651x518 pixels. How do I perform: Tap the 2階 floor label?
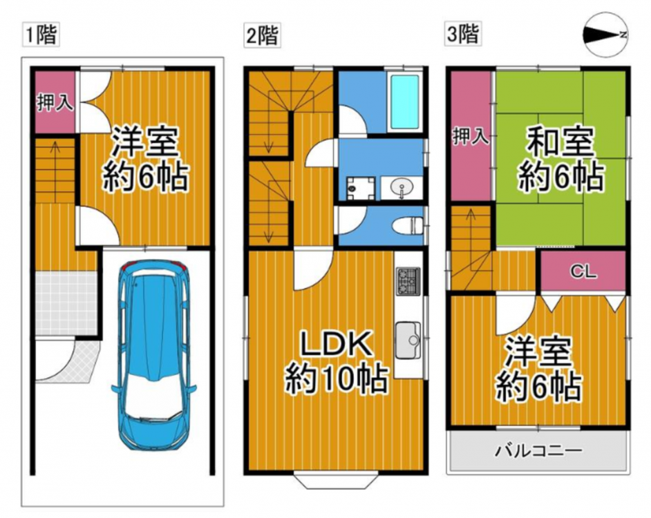point(263,35)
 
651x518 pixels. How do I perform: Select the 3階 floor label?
point(463,34)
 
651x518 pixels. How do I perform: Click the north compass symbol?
point(606,36)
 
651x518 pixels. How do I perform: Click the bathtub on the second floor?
point(405,102)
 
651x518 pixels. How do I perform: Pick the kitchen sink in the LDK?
point(408,340)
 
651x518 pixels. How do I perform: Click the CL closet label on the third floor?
point(583,272)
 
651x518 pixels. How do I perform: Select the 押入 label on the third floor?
point(471,137)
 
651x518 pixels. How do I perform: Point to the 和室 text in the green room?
point(559,143)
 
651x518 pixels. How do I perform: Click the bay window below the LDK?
point(335,480)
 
